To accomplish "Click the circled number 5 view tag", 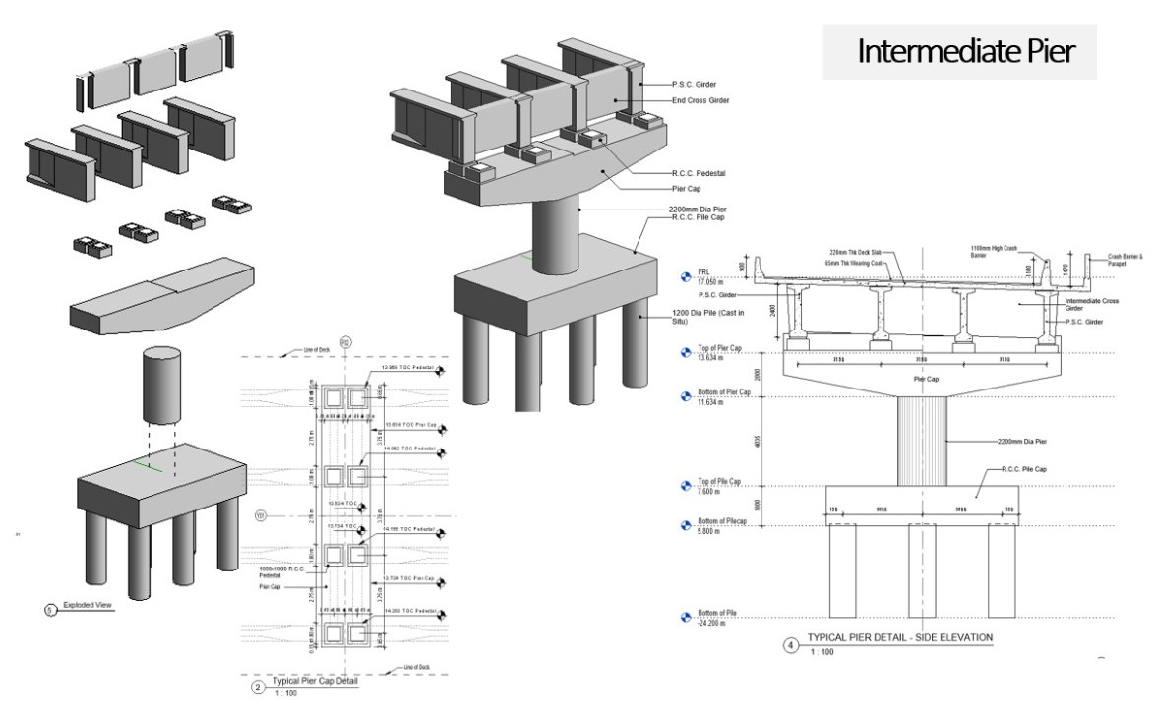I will (51, 610).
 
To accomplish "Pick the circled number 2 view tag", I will (258, 688).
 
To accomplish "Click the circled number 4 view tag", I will (790, 646).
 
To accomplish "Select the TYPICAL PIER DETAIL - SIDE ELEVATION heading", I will (899, 637).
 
